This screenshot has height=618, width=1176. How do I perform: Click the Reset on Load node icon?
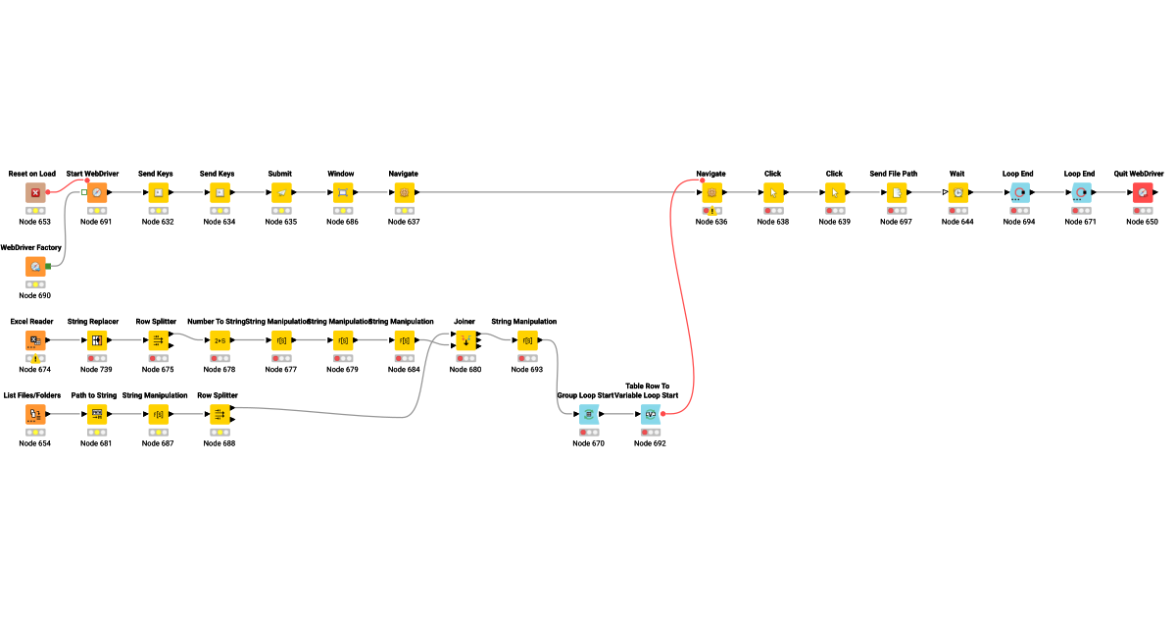click(x=35, y=192)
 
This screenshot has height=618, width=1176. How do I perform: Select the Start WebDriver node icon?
click(x=97, y=192)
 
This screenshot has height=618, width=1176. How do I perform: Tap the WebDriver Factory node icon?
click(x=35, y=266)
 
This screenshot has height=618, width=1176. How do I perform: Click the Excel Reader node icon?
click(x=35, y=340)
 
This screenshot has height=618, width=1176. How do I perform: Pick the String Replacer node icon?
click(x=97, y=340)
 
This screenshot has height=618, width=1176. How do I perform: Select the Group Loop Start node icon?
click(x=589, y=414)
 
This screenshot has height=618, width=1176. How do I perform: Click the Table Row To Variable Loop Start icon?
click(x=651, y=414)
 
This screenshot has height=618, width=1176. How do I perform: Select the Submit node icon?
click(x=281, y=192)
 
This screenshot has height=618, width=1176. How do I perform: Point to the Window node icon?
click(x=343, y=192)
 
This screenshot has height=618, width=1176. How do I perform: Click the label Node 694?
click(x=1019, y=222)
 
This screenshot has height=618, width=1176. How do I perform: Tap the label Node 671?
click(x=1081, y=222)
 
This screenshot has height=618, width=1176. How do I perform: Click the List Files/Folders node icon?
click(x=35, y=414)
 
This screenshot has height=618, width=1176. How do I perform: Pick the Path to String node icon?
click(x=97, y=414)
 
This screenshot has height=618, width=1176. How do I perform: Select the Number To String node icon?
click(x=220, y=340)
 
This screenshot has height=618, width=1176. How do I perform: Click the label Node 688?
click(x=220, y=443)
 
